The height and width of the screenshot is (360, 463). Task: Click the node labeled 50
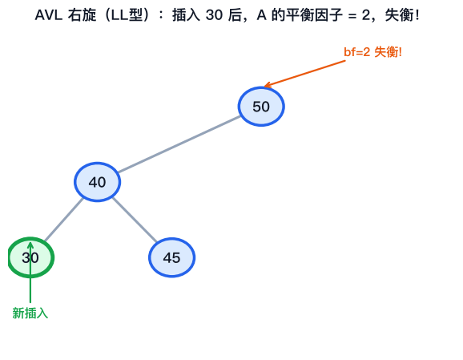(x=261, y=107)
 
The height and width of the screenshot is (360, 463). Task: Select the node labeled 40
(x=97, y=182)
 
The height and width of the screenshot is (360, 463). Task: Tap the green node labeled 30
(x=30, y=257)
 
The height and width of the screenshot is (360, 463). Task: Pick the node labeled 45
(x=171, y=257)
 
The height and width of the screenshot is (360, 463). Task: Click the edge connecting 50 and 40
(x=179, y=144)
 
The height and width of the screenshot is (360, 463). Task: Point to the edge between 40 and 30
(x=64, y=220)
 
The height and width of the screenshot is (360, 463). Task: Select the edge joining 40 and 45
(x=135, y=220)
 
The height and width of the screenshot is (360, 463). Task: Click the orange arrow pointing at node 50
(x=304, y=74)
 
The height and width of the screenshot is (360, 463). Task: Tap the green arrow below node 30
(x=30, y=273)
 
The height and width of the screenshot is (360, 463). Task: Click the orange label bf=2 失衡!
(x=372, y=52)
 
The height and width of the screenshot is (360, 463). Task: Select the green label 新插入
(x=30, y=313)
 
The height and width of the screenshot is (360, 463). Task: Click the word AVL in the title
(x=48, y=15)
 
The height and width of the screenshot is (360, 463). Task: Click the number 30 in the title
(x=214, y=15)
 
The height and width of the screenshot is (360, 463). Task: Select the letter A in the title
(x=262, y=15)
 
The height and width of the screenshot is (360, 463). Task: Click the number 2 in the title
(x=365, y=15)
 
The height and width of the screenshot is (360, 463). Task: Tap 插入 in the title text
(x=187, y=15)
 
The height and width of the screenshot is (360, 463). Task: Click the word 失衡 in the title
(x=400, y=15)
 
